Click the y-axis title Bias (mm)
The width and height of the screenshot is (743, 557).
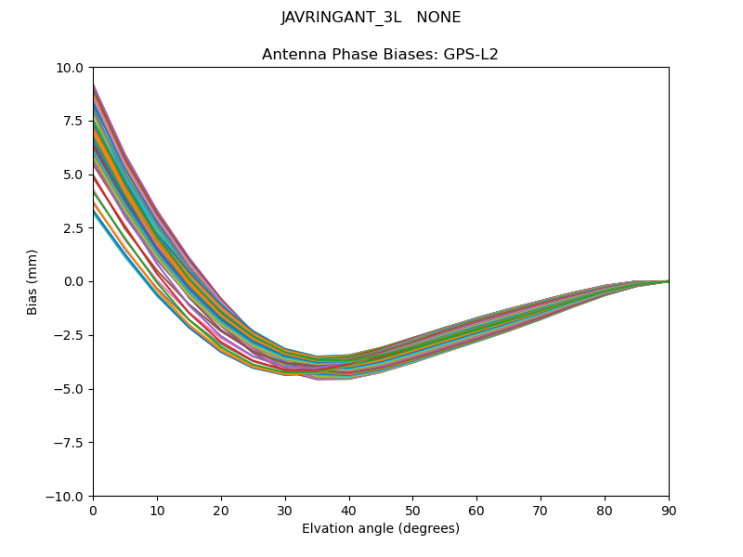(33, 281)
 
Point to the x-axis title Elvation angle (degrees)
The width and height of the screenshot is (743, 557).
(381, 529)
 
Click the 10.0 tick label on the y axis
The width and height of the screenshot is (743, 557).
(71, 68)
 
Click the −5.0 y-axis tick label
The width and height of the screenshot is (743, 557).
(70, 389)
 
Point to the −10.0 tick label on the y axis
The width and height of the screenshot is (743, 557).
(66, 497)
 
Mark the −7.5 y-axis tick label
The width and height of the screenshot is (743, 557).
(70, 443)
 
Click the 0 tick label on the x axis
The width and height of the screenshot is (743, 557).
(93, 510)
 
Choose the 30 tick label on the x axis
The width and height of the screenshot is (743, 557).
(285, 510)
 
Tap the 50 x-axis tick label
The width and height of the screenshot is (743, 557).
(412, 510)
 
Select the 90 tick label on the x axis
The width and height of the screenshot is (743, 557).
(669, 510)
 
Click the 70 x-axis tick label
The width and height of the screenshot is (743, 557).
(541, 510)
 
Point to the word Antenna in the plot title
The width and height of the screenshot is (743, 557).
(292, 55)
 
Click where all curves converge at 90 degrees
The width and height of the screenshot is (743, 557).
(668, 281)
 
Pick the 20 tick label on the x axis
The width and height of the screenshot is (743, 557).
(221, 510)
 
